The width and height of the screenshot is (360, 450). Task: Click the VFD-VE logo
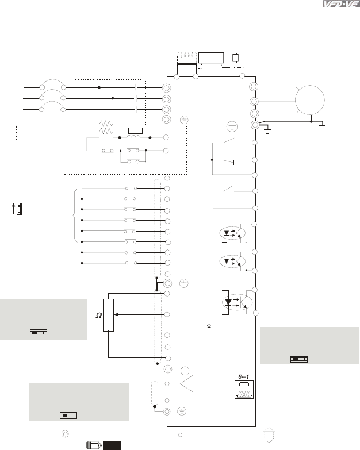(341, 4)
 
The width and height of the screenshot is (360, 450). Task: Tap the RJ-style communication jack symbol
(244, 390)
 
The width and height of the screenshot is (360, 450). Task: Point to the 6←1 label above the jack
(243, 377)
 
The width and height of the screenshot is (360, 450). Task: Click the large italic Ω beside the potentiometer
(99, 316)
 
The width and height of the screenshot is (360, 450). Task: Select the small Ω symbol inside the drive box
(209, 326)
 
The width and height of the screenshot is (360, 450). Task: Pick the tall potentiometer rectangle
(108, 315)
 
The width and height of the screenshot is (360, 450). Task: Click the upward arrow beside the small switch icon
(13, 209)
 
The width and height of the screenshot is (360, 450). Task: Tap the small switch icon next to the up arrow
(19, 209)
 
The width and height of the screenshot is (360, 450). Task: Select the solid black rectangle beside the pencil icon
(112, 446)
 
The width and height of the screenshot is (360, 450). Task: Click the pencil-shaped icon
(94, 445)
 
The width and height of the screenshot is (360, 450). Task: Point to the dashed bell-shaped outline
(269, 435)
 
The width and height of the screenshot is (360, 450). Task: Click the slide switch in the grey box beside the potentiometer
(39, 333)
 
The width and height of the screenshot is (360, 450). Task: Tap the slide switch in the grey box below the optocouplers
(299, 359)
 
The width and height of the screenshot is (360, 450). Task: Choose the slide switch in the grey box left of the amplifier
(68, 416)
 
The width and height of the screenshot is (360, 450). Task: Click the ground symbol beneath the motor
(322, 127)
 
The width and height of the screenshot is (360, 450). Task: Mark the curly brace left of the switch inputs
(76, 216)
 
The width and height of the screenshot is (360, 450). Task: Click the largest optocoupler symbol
(237, 302)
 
